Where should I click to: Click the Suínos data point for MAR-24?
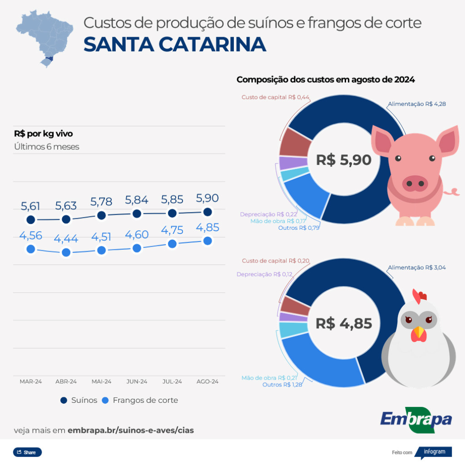[x=30, y=220]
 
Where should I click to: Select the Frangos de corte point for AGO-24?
[x=208, y=241]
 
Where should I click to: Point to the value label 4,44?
[x=66, y=238]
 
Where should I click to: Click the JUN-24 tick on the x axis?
[x=137, y=381]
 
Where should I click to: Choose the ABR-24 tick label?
[x=66, y=381]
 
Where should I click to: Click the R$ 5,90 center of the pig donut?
[x=344, y=160]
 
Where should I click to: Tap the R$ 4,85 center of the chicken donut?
[x=344, y=323]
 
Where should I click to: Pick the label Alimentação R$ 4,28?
[x=416, y=104]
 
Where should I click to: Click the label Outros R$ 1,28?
[x=282, y=385]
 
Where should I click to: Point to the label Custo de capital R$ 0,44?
[x=275, y=97]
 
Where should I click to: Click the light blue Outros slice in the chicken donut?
[x=318, y=363]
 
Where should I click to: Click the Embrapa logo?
[x=416, y=419]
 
